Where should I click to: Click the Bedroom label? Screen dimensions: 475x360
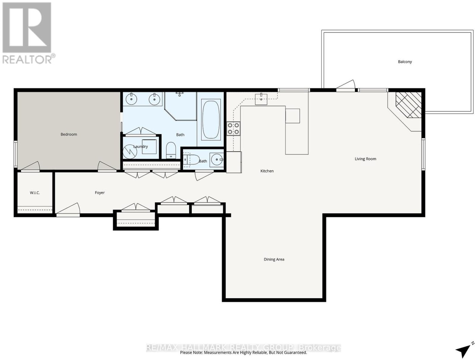coord(69,134)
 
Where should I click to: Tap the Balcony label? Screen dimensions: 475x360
coord(405,62)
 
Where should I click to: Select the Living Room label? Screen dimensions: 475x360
coord(365,159)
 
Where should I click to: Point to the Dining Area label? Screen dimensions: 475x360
coord(274,259)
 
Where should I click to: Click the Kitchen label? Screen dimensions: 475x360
coord(267,171)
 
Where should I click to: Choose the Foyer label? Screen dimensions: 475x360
coord(99,193)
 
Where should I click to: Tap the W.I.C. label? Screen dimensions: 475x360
coord(35,193)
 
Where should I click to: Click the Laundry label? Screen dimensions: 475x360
coord(140,147)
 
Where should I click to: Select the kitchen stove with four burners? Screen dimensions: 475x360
coord(233,129)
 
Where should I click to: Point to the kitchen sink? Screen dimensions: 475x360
coord(261,99)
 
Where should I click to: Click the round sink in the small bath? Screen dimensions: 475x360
coord(217,160)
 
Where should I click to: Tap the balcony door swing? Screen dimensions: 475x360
coord(346,85)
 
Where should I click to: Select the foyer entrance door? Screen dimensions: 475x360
coord(68,210)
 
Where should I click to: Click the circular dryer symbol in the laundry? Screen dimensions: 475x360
coord(130,151)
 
